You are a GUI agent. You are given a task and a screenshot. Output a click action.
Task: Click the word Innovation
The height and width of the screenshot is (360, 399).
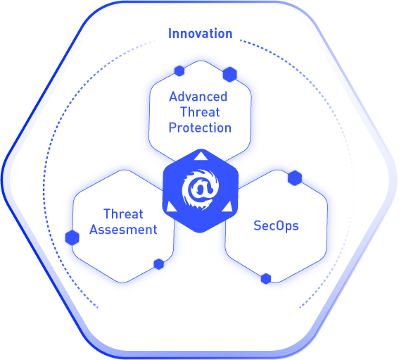click(x=201, y=34)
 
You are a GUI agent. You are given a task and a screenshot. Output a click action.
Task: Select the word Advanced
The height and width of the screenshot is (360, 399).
click(x=198, y=97)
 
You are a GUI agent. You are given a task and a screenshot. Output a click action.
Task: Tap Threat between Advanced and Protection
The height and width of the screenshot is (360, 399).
click(x=200, y=112)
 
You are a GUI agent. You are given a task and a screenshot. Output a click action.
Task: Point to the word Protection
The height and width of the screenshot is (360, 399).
click(x=200, y=128)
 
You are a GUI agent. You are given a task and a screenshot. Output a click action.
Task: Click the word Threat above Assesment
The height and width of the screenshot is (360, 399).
click(x=123, y=214)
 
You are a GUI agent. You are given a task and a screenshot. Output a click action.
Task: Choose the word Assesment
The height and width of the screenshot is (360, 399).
click(x=123, y=230)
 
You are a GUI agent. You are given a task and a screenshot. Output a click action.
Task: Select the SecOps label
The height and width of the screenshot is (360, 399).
click(x=276, y=225)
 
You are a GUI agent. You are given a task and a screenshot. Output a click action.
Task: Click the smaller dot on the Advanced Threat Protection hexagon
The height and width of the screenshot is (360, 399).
click(x=179, y=71)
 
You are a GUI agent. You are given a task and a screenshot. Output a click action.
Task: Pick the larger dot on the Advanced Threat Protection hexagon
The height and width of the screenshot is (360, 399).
click(x=230, y=75)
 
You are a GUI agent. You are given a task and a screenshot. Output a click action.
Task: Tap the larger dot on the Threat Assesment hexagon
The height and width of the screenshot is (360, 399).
click(x=72, y=237)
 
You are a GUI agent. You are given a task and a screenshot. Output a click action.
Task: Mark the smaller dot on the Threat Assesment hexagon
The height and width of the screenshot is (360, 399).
click(x=159, y=264)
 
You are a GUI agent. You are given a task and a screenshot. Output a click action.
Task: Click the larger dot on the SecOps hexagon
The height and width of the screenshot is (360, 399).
click(x=295, y=178)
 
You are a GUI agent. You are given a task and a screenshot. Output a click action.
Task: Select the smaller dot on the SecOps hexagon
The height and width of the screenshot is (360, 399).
click(x=266, y=279)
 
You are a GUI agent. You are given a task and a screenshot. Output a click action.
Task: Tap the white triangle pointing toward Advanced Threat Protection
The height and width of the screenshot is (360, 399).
click(x=201, y=156)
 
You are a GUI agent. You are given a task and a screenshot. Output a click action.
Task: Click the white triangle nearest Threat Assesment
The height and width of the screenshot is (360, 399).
click(x=171, y=207)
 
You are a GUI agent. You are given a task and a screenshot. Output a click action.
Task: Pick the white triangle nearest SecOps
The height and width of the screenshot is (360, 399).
click(x=227, y=207)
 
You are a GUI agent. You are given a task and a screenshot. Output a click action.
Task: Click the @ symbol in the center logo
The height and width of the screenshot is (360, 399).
click(x=201, y=189)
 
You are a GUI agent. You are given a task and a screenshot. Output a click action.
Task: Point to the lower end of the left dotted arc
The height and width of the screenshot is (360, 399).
click(x=97, y=308)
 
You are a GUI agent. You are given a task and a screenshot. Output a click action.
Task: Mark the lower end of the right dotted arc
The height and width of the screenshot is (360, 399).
click(x=300, y=308)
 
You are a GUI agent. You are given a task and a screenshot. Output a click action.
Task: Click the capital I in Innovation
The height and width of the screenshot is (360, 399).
click(x=170, y=34)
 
